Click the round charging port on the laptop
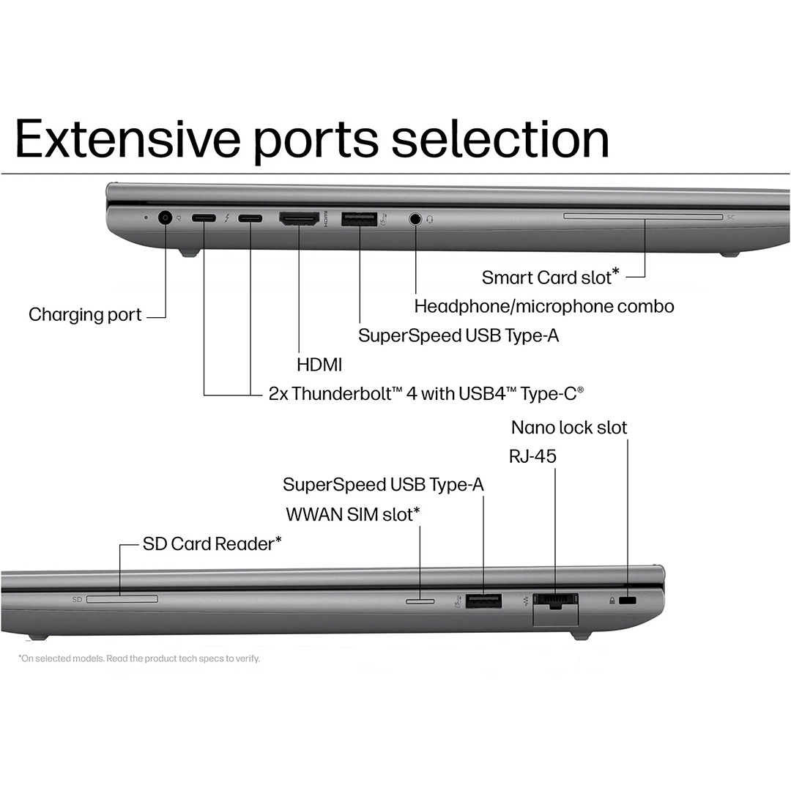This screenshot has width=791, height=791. coord(165,218)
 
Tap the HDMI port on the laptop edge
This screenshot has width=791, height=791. coord(299,218)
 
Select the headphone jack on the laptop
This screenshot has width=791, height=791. coord(416,218)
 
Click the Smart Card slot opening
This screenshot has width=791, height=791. coord(642,216)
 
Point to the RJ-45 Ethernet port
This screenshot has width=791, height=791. coord(556,601)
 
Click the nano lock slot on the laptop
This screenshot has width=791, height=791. coord(628,601)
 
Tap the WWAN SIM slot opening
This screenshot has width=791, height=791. coord(420,601)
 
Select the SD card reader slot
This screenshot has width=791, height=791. coord(122,600)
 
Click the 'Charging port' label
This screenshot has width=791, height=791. coord(85,315)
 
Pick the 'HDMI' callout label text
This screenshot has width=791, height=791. coord(319,364)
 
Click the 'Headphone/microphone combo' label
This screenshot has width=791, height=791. coord(543,306)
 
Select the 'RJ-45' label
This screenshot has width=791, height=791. coord(532,456)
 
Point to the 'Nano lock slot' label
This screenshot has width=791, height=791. coord(569,427)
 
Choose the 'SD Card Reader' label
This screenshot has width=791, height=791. coord(212,543)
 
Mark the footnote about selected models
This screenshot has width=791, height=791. coord(139,658)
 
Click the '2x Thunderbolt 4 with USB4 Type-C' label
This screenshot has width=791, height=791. coord(426,393)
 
